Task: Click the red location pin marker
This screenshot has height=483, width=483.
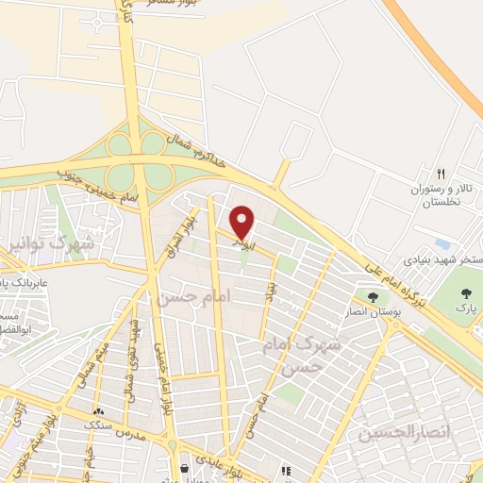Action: click(242, 222)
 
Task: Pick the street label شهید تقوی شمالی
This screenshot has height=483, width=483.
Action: click(132, 359)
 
